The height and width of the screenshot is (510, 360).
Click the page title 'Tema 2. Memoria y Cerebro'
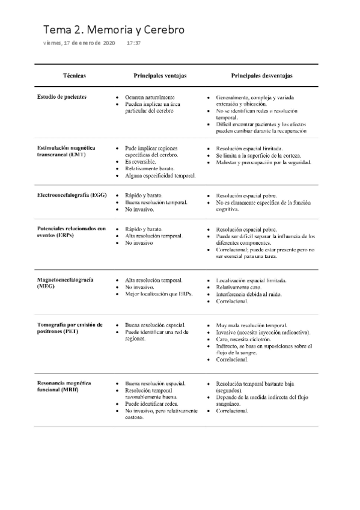pyautogui.click(x=114, y=29)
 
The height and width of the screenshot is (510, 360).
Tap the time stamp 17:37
pyautogui.click(x=134, y=44)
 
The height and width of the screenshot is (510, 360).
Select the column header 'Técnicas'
pyautogui.click(x=74, y=76)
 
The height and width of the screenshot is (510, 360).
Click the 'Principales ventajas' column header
pyautogui.click(x=160, y=76)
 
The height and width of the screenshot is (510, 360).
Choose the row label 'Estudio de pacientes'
pyautogui.click(x=62, y=97)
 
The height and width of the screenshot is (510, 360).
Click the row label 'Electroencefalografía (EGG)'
pyautogui.click(x=72, y=195)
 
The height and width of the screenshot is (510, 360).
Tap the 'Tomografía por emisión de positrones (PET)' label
pyautogui.click(x=70, y=328)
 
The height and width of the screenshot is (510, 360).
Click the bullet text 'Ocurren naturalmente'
pyautogui.click(x=150, y=97)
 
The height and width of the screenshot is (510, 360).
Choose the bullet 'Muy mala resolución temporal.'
pyautogui.click(x=255, y=325)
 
